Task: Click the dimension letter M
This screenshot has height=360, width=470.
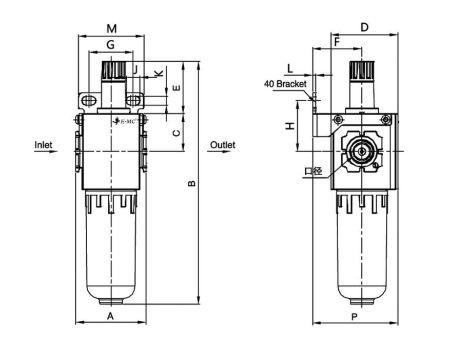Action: pos(111,26)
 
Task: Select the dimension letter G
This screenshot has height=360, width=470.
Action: pos(111,45)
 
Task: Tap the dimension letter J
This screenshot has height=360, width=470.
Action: pos(134,69)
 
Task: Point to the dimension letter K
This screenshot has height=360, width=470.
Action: pos(158,75)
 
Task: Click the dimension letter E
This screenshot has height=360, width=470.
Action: pos(177,89)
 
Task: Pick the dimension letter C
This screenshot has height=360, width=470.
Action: pos(177,132)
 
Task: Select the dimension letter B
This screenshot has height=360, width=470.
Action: pos(192,183)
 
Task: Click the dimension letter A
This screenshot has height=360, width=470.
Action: pos(110,314)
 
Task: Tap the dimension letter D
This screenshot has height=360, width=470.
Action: pos(365,26)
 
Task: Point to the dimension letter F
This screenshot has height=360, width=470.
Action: pos(337,42)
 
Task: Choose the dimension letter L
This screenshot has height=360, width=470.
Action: pos(290,68)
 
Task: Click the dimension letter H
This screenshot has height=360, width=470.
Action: pos(289,127)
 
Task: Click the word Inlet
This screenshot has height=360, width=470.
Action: pos(44,145)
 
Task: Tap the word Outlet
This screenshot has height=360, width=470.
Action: pos(223,145)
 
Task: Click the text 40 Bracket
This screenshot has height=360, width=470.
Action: pos(285,85)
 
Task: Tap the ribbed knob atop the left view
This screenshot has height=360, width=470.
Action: pos(110,74)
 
